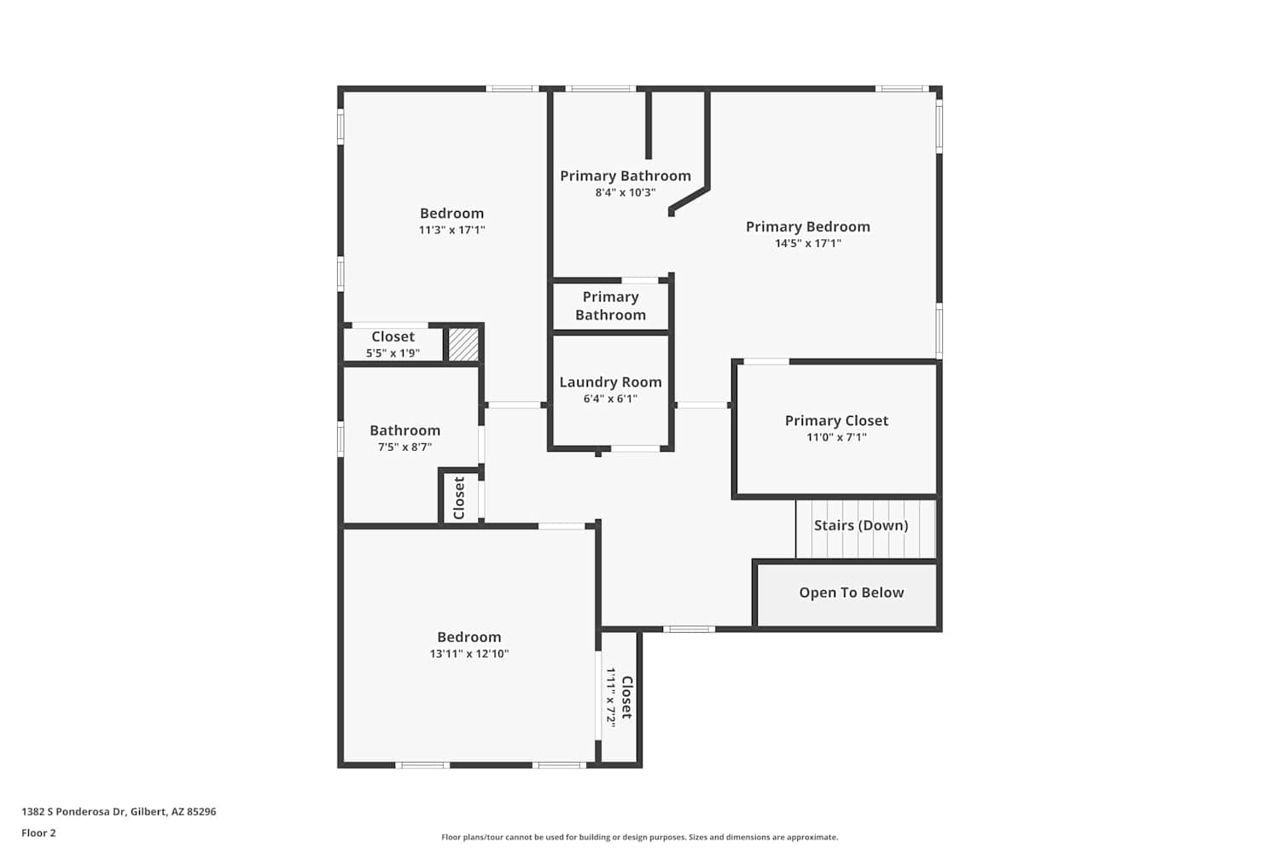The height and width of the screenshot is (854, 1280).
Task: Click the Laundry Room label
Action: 610,382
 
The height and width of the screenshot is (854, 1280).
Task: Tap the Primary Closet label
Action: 836,421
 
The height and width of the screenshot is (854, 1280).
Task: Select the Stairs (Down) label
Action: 861,525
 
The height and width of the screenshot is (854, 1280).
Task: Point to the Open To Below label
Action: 852,593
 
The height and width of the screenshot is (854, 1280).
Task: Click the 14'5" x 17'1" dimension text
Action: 808,243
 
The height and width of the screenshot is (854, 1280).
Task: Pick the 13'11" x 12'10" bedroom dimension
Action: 469,653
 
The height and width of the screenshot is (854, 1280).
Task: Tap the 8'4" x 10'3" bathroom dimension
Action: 625,192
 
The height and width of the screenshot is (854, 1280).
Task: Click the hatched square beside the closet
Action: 463,344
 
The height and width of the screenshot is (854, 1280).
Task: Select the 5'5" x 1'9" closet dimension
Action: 393,353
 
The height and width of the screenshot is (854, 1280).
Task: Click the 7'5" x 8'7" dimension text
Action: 404,447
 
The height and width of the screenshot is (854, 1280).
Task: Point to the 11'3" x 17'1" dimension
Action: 452,230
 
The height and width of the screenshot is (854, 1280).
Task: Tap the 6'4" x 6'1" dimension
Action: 610,399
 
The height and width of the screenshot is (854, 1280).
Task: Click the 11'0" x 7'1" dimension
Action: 836,437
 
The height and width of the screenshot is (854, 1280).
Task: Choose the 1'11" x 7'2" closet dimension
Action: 611,697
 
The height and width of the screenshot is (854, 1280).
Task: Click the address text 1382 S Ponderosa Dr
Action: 73,811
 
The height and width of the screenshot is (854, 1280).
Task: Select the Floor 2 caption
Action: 39,833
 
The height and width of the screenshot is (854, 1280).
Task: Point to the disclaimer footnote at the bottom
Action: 640,837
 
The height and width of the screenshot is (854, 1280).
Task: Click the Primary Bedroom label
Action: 808,226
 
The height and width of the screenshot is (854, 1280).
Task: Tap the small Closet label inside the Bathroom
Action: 459,498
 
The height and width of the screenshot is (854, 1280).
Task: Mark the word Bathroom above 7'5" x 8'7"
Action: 405,430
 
